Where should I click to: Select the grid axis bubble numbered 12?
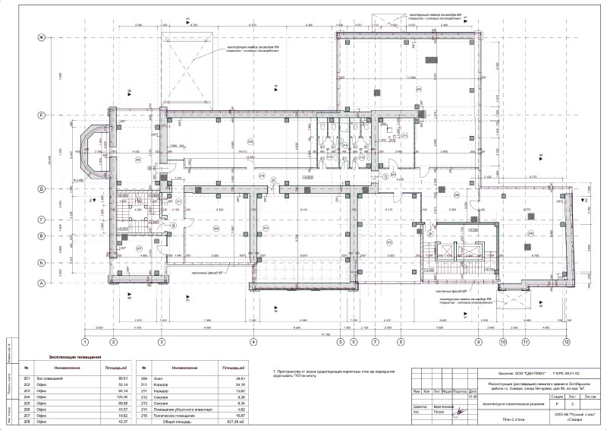point(565,343)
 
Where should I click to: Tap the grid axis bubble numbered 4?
point(254,343)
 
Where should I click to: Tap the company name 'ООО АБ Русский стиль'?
point(568,414)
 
